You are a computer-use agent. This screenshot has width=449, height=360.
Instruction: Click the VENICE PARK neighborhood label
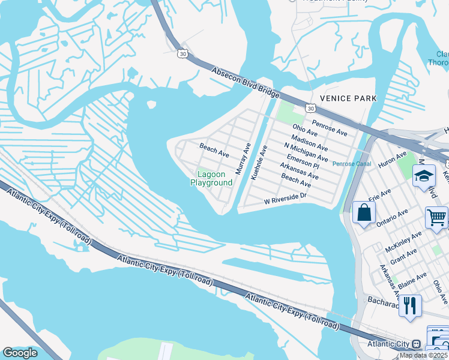[x=348, y=98]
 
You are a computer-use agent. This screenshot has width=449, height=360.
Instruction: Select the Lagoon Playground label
[x=211, y=178]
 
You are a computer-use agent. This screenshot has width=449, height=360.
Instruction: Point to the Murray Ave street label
[x=243, y=159]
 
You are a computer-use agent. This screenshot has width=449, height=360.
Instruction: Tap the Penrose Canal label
[x=352, y=163]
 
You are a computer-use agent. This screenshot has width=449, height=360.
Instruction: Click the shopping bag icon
[x=364, y=212]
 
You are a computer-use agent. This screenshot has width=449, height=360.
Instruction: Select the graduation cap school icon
[x=424, y=175]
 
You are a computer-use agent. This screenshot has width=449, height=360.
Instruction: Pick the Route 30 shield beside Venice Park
[x=309, y=108]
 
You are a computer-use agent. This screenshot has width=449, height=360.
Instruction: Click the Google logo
[x=20, y=353]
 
